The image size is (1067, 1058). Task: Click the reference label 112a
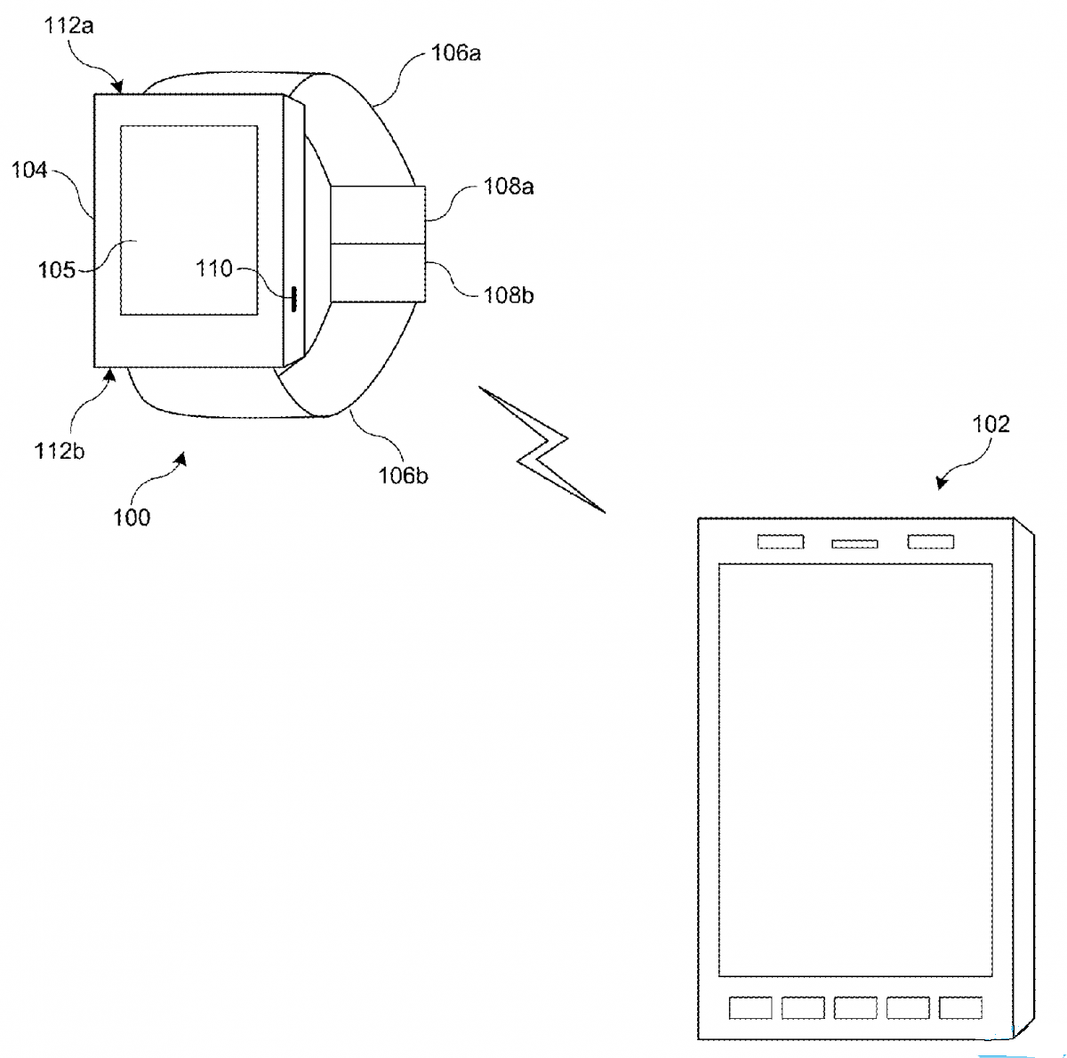click(x=68, y=26)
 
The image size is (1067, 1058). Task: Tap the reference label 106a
click(x=456, y=53)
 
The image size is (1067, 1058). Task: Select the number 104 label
click(x=29, y=170)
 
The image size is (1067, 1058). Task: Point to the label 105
click(x=56, y=269)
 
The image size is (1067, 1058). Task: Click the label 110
click(x=213, y=269)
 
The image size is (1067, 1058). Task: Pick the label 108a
click(x=509, y=187)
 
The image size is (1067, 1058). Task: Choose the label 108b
click(x=509, y=295)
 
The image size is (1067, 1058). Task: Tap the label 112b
click(x=60, y=452)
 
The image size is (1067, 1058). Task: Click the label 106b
click(x=403, y=476)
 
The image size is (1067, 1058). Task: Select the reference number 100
click(x=132, y=518)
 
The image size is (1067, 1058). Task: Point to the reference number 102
click(x=991, y=425)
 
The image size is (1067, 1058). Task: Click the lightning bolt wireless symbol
click(x=542, y=449)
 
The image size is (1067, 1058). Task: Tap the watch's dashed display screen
click(x=189, y=220)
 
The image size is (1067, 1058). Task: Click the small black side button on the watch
click(x=294, y=299)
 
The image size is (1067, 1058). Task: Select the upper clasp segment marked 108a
click(x=378, y=215)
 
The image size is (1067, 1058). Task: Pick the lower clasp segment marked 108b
click(x=378, y=273)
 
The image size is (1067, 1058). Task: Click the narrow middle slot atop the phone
click(x=854, y=544)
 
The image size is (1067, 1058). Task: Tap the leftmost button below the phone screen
click(x=750, y=1007)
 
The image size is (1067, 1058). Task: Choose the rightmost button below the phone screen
click(x=960, y=1007)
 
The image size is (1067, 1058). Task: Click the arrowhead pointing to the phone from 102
click(x=942, y=483)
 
